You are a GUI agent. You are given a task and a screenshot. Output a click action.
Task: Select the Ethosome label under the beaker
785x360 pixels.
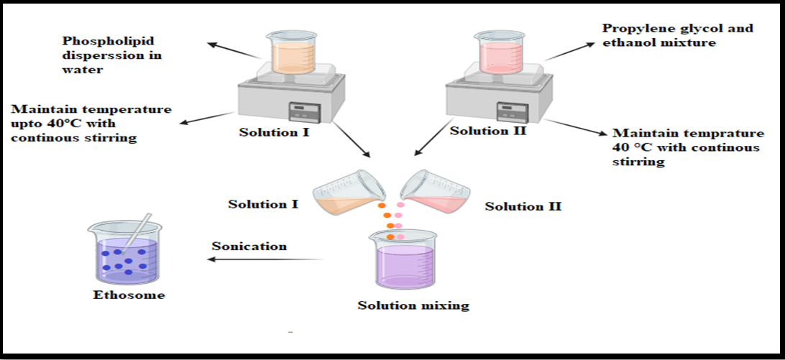(129, 295)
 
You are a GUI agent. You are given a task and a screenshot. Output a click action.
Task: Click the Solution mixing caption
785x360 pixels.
(413, 305)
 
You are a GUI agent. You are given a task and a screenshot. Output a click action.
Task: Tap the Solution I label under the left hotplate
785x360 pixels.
(274, 133)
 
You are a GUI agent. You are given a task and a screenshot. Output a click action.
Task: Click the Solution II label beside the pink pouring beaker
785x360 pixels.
(523, 206)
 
